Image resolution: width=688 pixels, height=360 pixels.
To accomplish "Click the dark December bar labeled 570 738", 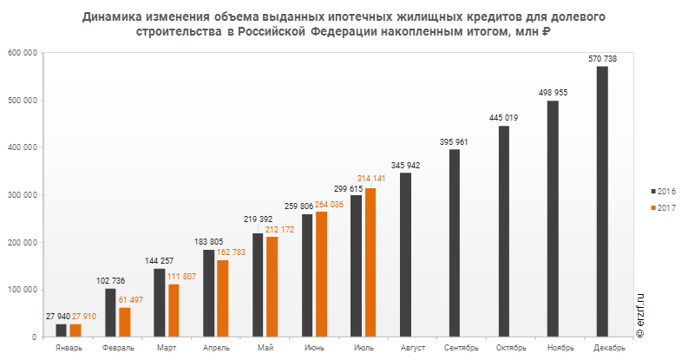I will [x=602, y=201].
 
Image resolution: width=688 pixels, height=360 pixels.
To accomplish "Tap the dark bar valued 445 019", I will [x=504, y=231].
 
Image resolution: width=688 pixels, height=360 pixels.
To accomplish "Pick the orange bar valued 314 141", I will [x=371, y=262].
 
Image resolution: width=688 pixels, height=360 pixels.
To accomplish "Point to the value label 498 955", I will [x=553, y=92].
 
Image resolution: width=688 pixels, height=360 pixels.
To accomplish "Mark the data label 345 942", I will [x=405, y=164].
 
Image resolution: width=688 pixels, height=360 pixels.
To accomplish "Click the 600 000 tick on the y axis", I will [x=23, y=53].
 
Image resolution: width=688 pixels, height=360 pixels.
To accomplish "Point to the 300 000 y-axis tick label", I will [x=23, y=195].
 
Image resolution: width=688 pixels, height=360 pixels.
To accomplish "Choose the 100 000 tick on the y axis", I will [x=23, y=290].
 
